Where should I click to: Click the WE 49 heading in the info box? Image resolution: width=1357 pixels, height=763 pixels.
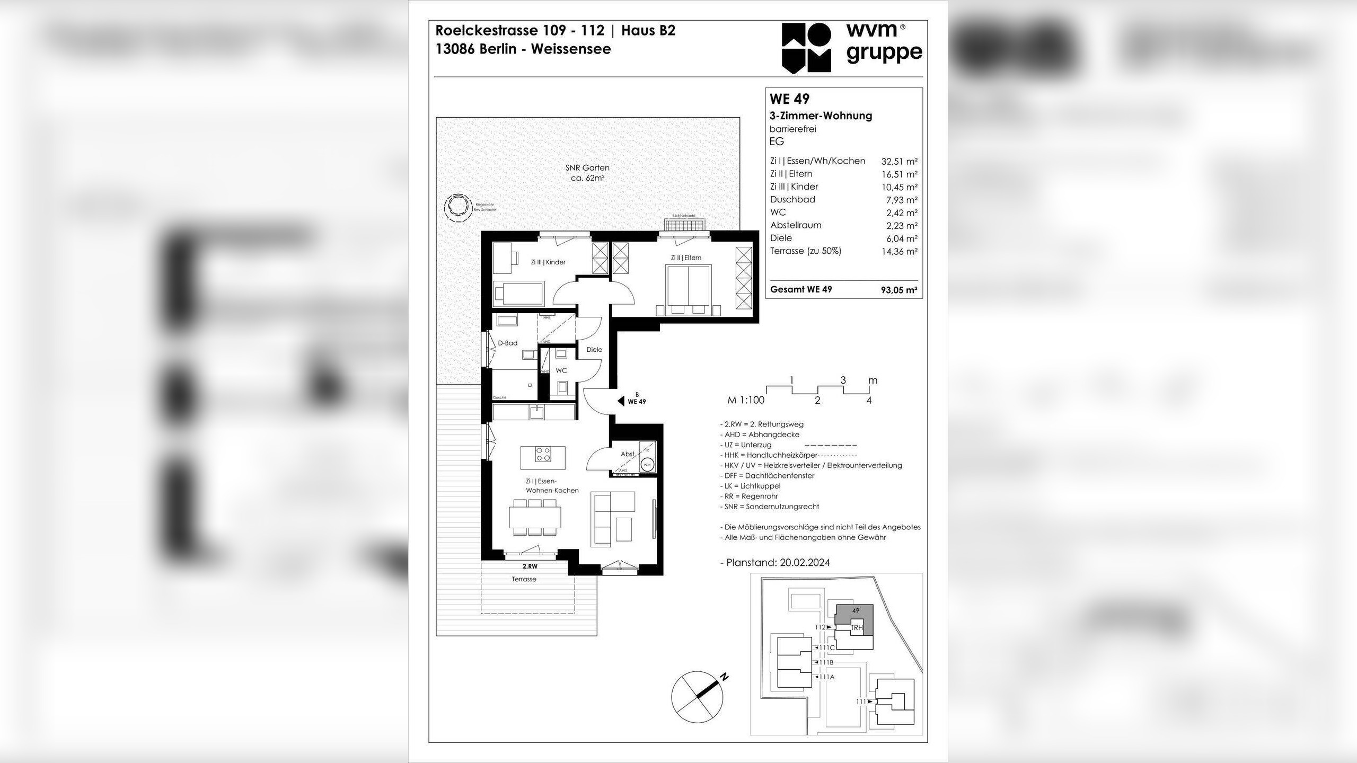point(789,99)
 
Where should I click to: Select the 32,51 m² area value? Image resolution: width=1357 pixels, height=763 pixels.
point(899,162)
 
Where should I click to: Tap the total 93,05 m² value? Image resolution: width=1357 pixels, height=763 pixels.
point(899,290)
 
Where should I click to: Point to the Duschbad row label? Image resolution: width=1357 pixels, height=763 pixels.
point(792,200)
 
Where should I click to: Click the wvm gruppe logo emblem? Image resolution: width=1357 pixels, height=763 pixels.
point(806,48)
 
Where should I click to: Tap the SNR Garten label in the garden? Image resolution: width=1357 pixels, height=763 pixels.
point(587,168)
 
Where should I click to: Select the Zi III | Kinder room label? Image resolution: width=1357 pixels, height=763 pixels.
point(548,262)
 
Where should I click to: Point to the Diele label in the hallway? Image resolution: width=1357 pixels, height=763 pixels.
point(594,350)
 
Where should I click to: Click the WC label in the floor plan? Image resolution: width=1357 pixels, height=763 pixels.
point(561,370)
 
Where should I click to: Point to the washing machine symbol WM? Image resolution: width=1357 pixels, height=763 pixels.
point(647,465)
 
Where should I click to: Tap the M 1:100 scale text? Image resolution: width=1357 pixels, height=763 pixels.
point(746,400)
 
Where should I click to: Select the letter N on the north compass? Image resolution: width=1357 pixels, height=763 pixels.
point(724,677)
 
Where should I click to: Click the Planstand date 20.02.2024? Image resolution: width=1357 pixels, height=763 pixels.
point(805,563)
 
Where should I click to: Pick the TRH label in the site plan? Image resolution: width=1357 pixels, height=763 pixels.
point(857,628)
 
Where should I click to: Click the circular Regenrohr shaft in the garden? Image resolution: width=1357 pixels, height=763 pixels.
point(457,208)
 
